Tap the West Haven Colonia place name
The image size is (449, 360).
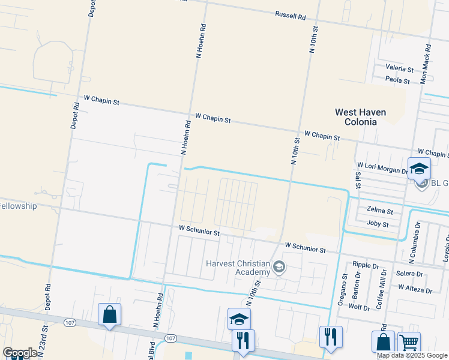point(360,117)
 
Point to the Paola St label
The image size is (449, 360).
point(397,80)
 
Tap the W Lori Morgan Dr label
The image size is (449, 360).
point(382,167)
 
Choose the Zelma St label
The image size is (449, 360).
point(379,211)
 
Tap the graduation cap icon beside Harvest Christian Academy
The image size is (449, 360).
point(279,267)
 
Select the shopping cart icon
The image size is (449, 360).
point(409,343)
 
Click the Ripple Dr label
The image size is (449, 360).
point(366,265)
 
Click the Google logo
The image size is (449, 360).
point(19,352)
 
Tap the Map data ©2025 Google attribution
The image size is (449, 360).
point(412,355)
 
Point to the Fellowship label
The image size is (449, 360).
point(19,206)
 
